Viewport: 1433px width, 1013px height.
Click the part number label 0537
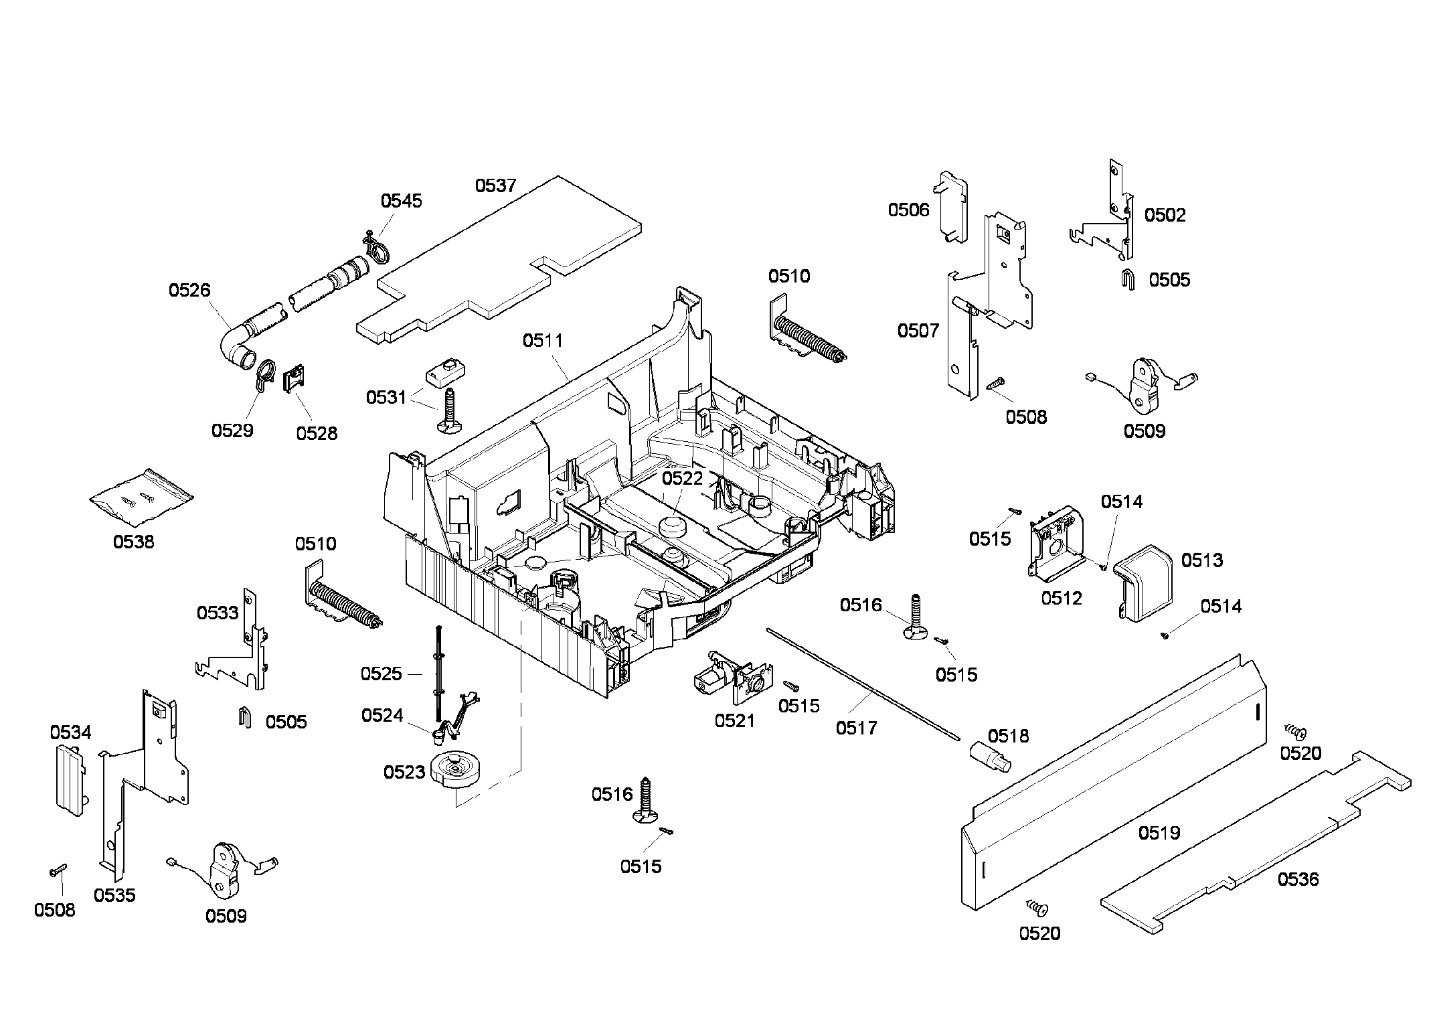(x=495, y=185)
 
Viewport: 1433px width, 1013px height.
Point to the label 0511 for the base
(x=543, y=341)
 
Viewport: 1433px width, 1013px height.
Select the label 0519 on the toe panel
(x=1159, y=833)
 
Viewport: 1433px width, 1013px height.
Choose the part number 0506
(x=908, y=210)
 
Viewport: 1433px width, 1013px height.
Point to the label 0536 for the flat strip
(x=1298, y=879)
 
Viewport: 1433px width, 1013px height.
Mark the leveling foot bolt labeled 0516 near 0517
(x=915, y=617)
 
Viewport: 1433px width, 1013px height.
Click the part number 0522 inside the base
(x=683, y=478)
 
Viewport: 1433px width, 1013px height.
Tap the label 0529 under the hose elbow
(x=232, y=431)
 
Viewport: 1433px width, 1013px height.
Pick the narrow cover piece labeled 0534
(x=70, y=779)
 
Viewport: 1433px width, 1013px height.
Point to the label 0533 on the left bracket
(x=218, y=613)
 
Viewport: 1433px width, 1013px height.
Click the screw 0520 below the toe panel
(x=1037, y=908)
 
